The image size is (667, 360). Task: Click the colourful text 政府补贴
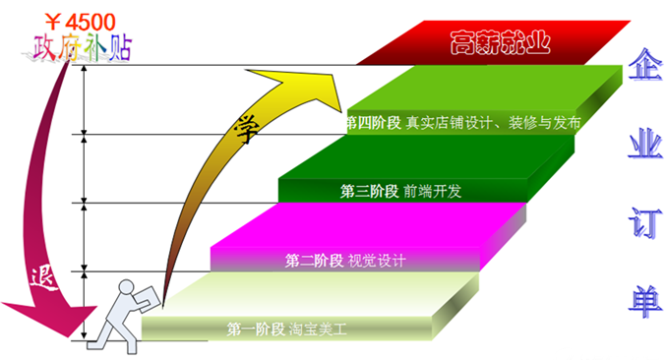pos(81,46)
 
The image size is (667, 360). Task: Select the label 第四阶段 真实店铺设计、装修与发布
pos(463,124)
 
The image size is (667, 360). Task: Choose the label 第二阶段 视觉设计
pos(345,261)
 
